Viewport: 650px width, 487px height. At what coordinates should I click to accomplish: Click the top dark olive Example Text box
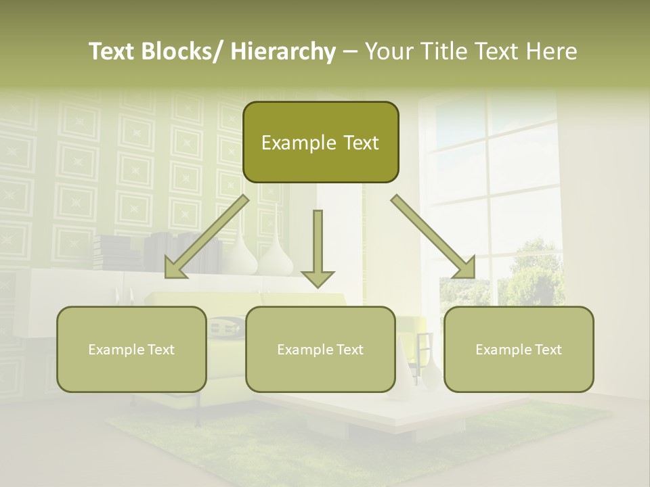pyautogui.click(x=320, y=142)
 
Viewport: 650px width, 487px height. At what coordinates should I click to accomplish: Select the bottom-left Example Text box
pyautogui.click(x=131, y=349)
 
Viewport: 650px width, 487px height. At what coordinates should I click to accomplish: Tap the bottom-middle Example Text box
pyautogui.click(x=320, y=349)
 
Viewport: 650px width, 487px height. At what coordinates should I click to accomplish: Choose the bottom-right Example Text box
pyautogui.click(x=519, y=349)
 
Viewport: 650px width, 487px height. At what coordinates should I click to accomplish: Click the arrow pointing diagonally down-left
pyautogui.click(x=206, y=237)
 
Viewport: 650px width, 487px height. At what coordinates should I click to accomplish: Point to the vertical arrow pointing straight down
pyautogui.click(x=318, y=248)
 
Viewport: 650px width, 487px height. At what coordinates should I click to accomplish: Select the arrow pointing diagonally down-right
pyautogui.click(x=433, y=237)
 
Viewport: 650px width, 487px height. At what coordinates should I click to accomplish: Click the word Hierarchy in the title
pyautogui.click(x=283, y=52)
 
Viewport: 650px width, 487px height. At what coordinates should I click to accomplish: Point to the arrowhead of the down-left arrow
pyautogui.click(x=175, y=269)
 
